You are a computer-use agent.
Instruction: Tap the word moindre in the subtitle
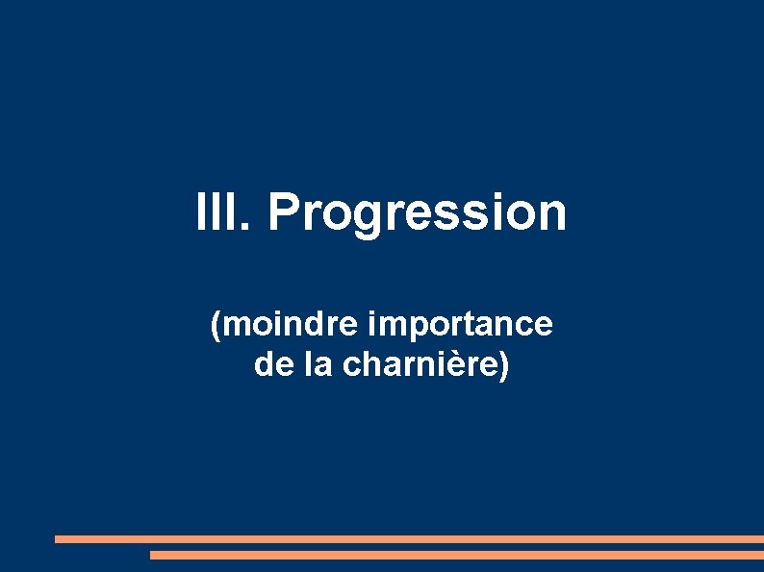click(x=290, y=325)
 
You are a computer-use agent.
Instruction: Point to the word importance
click(x=460, y=325)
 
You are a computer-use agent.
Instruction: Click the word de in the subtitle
click(x=268, y=365)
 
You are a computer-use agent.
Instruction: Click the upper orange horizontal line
click(x=409, y=539)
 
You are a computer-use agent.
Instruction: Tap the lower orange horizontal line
click(x=456, y=555)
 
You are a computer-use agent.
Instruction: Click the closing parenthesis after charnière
click(x=504, y=366)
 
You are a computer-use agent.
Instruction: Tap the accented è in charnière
click(x=465, y=365)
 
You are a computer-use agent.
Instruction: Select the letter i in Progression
click(x=493, y=212)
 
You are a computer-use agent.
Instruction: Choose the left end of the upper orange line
click(x=57, y=539)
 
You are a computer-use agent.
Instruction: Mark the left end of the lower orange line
click(x=152, y=555)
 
